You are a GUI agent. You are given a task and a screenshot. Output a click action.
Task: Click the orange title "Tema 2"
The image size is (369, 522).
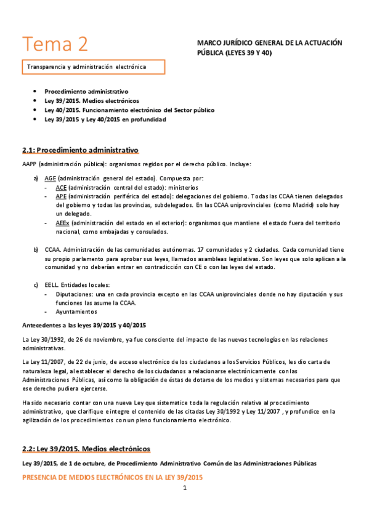(x=55, y=44)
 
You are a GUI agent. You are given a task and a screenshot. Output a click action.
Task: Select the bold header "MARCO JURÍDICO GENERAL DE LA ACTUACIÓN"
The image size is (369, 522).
(x=269, y=43)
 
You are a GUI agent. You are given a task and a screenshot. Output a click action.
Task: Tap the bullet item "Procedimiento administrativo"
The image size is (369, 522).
(x=86, y=91)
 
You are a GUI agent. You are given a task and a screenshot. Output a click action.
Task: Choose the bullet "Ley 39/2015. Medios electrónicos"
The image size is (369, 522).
(x=92, y=100)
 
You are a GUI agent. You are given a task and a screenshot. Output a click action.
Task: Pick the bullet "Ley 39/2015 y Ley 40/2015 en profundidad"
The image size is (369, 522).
(x=105, y=119)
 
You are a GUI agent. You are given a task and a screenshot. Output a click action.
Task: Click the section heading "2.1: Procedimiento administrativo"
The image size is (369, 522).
(x=79, y=151)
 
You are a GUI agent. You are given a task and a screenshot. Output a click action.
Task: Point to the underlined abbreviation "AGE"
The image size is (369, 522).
(x=51, y=178)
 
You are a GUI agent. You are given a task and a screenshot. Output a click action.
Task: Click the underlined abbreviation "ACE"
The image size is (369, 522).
(x=61, y=187)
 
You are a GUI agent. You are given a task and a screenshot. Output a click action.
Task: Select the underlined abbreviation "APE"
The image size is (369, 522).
(x=61, y=196)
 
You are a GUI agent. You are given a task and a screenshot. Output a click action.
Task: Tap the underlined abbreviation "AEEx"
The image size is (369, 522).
(x=63, y=222)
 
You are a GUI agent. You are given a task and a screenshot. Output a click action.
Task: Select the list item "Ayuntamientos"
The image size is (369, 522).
(x=77, y=311)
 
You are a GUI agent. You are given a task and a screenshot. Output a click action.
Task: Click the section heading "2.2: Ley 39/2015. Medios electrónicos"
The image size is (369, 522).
(x=86, y=449)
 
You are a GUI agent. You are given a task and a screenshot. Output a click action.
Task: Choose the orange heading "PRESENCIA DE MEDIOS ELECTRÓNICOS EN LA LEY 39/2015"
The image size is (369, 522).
(x=112, y=477)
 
